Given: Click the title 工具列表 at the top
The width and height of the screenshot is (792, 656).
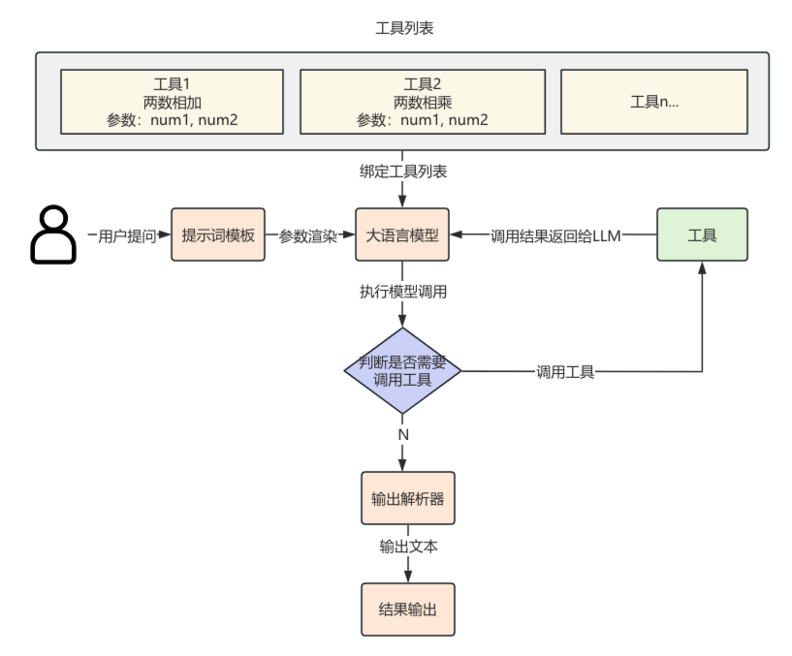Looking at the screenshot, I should tap(403, 28).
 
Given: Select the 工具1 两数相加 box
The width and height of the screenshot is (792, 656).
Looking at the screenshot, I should tap(172, 101).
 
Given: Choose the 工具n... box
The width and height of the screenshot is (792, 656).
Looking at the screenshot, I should tap(654, 101).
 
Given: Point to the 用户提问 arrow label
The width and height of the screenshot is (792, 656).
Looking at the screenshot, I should tap(127, 235).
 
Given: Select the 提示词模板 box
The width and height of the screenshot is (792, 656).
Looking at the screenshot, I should tap(218, 235).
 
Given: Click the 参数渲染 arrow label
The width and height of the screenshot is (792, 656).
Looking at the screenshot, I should tap(308, 235).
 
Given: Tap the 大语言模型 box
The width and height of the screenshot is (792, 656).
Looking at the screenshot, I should tap(402, 235).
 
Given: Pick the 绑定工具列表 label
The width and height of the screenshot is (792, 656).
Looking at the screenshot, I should tap(402, 172).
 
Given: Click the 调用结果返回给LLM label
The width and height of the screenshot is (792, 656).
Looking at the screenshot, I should tap(555, 235).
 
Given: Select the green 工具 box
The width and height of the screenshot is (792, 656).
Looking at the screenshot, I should tap(702, 234).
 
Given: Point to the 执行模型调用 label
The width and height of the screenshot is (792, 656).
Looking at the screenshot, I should tap(402, 291).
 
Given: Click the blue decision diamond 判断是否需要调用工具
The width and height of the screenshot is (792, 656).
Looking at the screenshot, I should tap(402, 371).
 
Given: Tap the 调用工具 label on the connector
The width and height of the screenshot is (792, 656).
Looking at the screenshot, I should tap(565, 371).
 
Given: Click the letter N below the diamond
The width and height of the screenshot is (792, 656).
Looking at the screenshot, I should tap(402, 434).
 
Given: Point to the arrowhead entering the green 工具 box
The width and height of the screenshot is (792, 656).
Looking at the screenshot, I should tap(702, 268).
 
